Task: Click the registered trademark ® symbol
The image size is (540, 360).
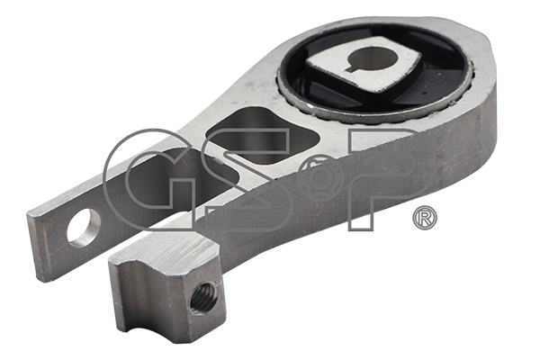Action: tap(425, 218)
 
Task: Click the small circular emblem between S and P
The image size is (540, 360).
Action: tap(321, 176)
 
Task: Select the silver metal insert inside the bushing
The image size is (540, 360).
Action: tap(364, 65)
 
